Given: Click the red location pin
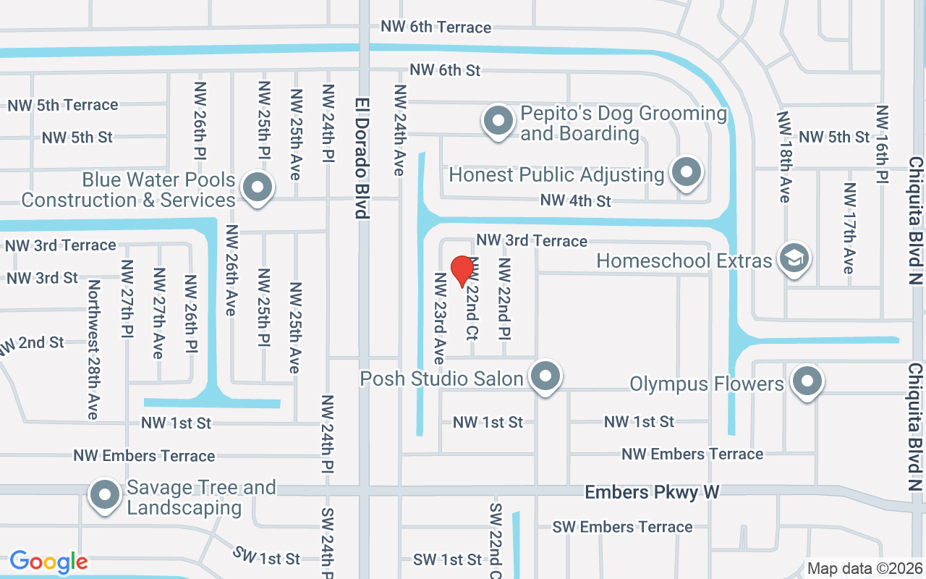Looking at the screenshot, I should coord(462,271).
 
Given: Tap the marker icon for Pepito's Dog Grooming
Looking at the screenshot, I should coord(498,122).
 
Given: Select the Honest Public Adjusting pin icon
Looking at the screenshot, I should coord(686,173).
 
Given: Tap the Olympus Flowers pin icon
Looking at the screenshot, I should coord(807,381).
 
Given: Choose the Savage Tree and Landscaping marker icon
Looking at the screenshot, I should coord(105,496).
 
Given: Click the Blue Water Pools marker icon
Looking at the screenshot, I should coord(256,187).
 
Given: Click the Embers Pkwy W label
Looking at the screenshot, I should coord(652,492).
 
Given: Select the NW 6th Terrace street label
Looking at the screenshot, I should coord(436,27).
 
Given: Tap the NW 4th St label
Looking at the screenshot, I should coord(576,200).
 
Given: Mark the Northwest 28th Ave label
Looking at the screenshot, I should coord(93,350).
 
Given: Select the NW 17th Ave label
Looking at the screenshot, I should coord(849,228).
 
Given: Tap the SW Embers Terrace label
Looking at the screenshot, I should coord(622,527).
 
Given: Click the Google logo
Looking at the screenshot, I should coord(48,562).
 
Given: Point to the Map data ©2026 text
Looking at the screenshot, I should coord(865,569).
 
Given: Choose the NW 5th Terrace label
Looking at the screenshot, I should coord(63,105).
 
